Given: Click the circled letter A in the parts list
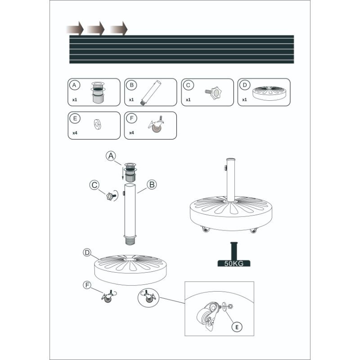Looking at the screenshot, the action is (74, 85).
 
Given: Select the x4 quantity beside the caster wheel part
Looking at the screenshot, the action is (131, 133).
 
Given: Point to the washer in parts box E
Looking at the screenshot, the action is (97, 125).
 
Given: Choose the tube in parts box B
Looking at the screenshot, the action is (150, 93).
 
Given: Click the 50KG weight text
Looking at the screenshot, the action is (234, 263).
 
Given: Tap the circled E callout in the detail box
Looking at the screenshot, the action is (237, 327).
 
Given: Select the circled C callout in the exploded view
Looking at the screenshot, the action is (94, 185).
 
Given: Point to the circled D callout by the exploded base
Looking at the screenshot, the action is (87, 252).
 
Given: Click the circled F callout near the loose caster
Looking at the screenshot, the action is (87, 285).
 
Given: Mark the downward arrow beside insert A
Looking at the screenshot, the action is (122, 173).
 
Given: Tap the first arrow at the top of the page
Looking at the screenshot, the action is (75, 29).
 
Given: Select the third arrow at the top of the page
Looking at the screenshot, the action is (119, 29).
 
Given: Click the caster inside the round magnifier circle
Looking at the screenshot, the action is (148, 297).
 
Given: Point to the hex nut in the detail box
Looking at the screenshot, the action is (231, 306).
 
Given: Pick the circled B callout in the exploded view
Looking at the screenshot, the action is (152, 184).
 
